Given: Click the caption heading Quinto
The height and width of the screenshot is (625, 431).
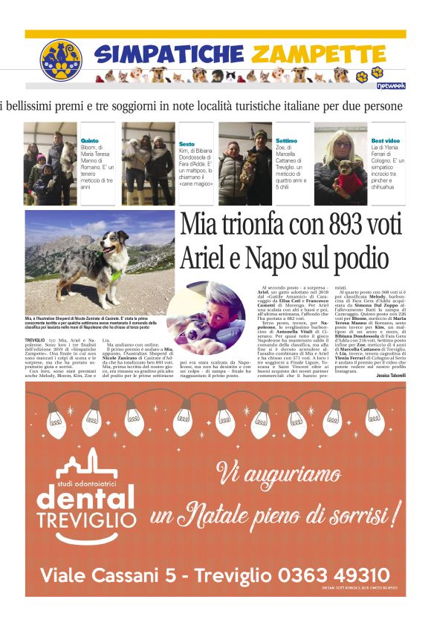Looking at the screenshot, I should [x=89, y=140].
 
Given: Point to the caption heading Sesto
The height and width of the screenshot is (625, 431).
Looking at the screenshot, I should [x=187, y=144].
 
